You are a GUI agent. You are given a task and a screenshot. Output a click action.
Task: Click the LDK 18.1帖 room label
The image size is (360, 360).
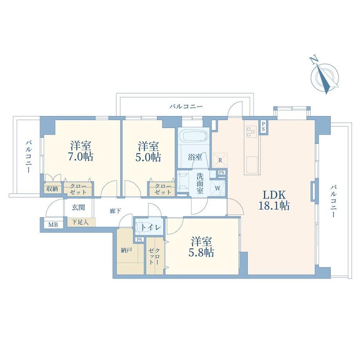click(x=274, y=200)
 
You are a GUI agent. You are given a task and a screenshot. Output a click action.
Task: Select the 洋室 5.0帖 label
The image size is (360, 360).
click(x=148, y=151)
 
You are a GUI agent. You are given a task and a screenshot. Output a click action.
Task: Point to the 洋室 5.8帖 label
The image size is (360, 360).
click(x=201, y=247)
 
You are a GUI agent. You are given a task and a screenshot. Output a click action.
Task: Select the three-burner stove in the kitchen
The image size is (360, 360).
click(x=251, y=131)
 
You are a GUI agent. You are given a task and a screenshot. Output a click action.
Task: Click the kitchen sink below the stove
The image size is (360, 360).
click(x=252, y=164)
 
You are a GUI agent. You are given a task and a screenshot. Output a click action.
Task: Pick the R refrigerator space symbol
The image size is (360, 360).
click(x=220, y=160)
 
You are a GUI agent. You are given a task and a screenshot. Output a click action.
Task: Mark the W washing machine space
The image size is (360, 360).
click(x=218, y=189)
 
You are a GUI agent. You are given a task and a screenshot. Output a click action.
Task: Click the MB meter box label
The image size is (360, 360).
click(x=53, y=225)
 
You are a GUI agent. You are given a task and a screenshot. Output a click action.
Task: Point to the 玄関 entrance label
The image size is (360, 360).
click(x=78, y=207)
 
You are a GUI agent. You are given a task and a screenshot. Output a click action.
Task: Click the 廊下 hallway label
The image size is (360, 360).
click(x=115, y=211)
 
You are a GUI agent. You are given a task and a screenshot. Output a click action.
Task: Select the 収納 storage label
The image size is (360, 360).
click(x=52, y=189)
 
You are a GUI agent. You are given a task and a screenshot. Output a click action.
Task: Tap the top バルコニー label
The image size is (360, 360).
click(x=186, y=106)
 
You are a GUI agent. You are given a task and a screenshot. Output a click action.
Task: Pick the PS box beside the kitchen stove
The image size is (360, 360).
click(x=263, y=126)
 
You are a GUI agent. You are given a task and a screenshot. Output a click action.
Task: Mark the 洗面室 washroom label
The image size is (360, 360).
click(x=200, y=183)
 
